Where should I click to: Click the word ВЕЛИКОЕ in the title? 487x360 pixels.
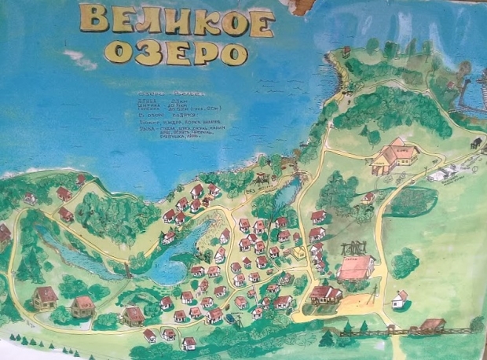(174, 21)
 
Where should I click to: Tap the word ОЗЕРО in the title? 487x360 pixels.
(174, 52)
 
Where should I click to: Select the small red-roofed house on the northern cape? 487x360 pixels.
(346, 51)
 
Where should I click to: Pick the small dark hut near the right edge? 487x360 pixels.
(476, 142)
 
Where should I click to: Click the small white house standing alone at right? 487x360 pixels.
(400, 299)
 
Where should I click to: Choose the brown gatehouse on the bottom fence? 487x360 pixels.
(431, 325)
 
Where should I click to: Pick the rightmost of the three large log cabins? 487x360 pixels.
(134, 315)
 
